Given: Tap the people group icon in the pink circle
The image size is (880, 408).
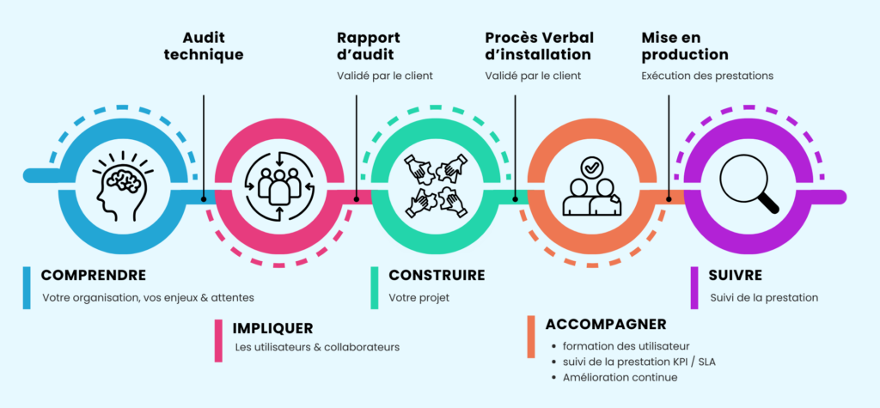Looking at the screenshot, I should click(279, 184).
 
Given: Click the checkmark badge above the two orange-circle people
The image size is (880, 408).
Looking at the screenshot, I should click(591, 167).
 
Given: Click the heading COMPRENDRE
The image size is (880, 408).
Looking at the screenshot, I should click(93, 276).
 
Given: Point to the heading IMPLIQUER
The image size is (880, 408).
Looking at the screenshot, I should click(272, 328).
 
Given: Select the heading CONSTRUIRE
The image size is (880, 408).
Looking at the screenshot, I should click(437, 276).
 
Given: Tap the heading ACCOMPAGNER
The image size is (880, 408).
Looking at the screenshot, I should click(606, 324).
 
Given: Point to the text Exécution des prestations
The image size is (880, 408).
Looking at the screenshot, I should click(707, 76).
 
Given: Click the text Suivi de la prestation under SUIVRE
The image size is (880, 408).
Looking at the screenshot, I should click(764, 298).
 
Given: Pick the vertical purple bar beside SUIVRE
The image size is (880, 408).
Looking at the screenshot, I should click(694, 287).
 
